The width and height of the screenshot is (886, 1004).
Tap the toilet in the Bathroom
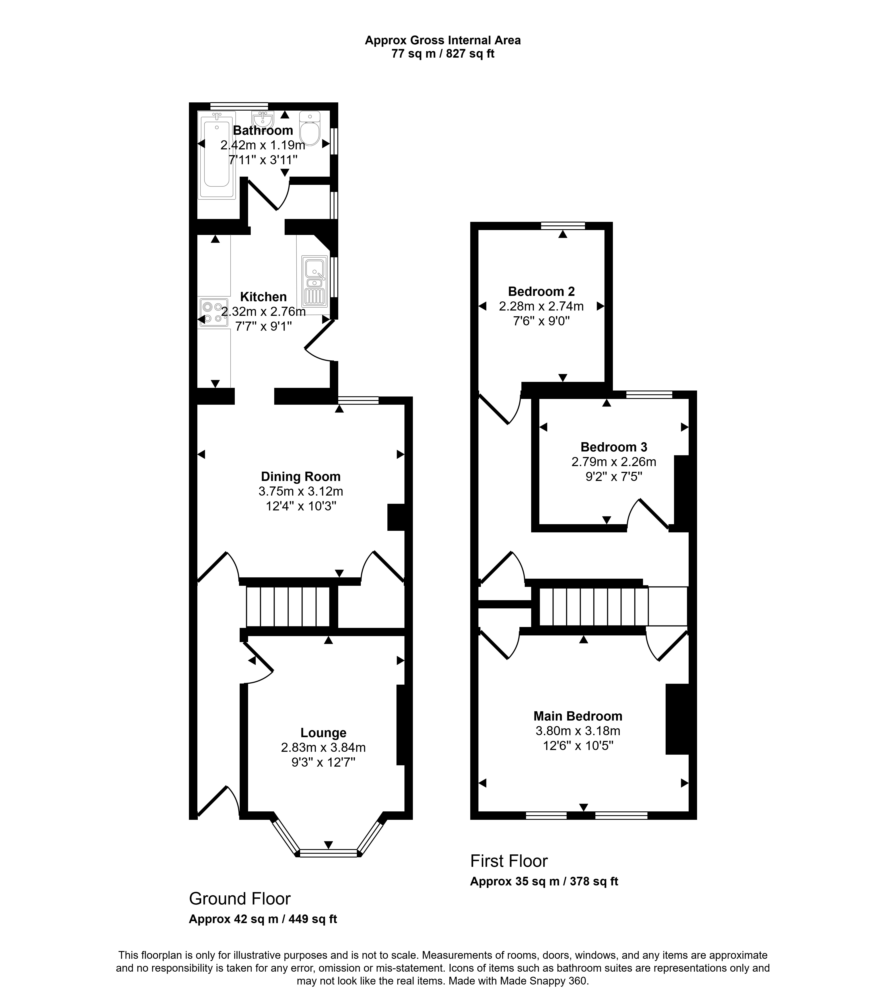[x=310, y=129]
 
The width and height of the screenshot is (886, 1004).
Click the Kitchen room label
[x=264, y=297]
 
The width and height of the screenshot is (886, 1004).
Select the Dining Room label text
[x=300, y=477]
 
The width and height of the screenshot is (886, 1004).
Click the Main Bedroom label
[x=578, y=716]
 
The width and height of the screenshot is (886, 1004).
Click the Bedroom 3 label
[x=614, y=447]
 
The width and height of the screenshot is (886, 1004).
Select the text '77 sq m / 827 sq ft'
[x=442, y=54]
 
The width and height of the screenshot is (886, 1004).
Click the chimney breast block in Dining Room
[x=396, y=517]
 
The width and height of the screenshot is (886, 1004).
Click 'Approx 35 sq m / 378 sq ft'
[x=544, y=881]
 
